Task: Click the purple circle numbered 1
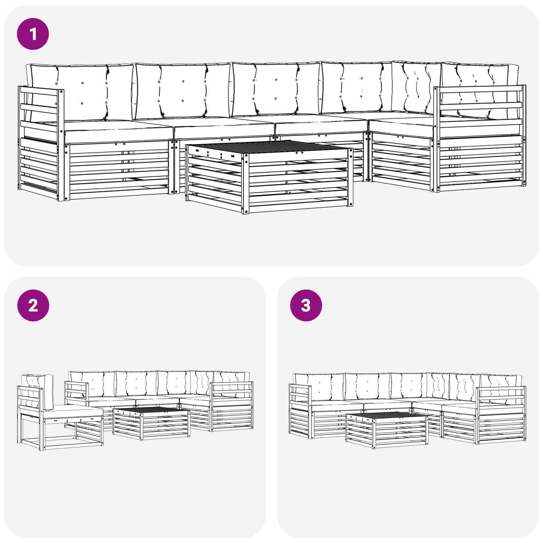(x=33, y=34)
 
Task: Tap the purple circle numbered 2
(x=33, y=305)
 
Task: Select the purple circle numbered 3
(x=306, y=305)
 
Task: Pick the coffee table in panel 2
(x=151, y=423)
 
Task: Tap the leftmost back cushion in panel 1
(x=81, y=92)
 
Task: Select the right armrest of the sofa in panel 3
(x=501, y=414)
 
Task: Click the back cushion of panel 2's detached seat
(x=37, y=390)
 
